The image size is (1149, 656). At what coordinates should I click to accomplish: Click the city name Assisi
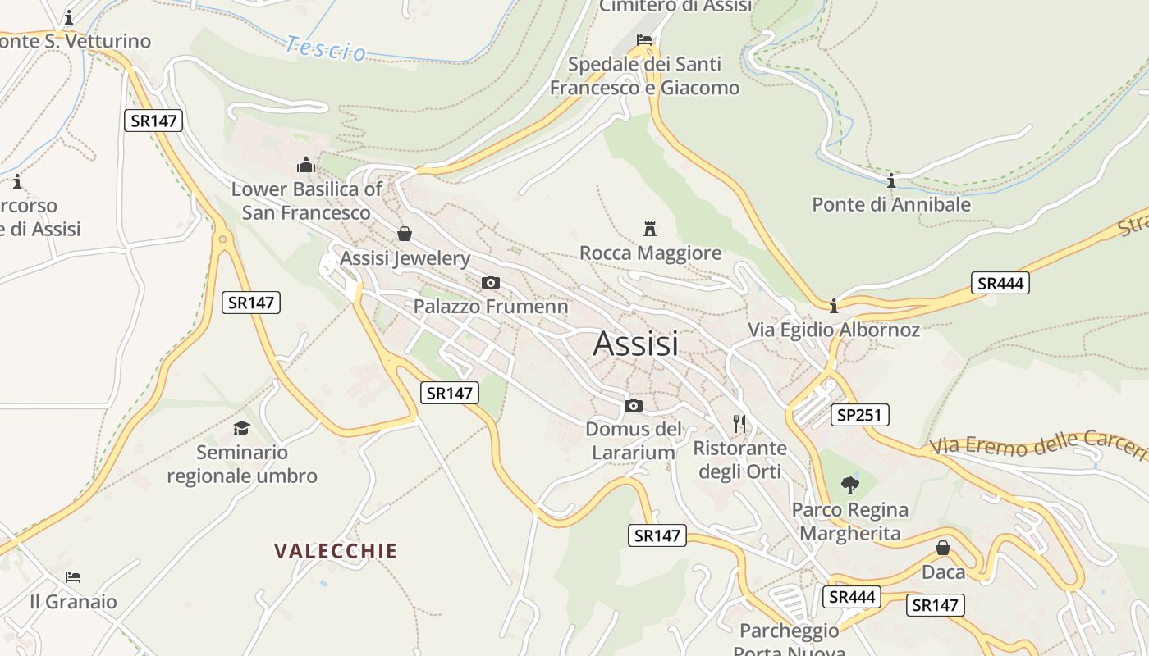(635, 344)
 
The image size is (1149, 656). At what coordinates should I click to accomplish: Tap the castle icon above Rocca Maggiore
(650, 228)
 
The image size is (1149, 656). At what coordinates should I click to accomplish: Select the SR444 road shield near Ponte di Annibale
(1000, 284)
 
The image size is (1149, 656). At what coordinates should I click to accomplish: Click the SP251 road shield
(859, 415)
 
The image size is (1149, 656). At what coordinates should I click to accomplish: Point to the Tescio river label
(326, 48)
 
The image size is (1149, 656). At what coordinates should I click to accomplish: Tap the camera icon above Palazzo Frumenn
(490, 283)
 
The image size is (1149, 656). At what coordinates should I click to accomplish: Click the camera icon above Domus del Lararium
(633, 405)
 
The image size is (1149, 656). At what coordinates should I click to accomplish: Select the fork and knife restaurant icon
(739, 424)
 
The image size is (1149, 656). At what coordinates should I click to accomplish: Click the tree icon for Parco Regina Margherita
(849, 485)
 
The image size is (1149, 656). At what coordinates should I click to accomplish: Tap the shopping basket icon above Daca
(943, 547)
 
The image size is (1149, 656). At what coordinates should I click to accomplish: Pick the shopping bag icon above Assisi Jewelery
(404, 234)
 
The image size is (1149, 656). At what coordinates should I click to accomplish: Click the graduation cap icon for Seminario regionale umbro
(241, 428)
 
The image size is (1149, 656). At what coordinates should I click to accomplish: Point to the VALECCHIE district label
(336, 551)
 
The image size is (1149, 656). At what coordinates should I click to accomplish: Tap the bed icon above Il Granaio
(73, 577)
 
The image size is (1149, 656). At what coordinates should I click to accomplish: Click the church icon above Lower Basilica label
(306, 165)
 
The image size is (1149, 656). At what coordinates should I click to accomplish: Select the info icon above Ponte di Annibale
(891, 180)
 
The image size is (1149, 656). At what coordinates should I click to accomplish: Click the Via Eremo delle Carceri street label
(1038, 444)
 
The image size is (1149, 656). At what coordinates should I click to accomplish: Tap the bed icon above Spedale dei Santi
(644, 39)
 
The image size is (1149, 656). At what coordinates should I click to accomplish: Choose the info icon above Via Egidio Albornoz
(834, 306)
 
